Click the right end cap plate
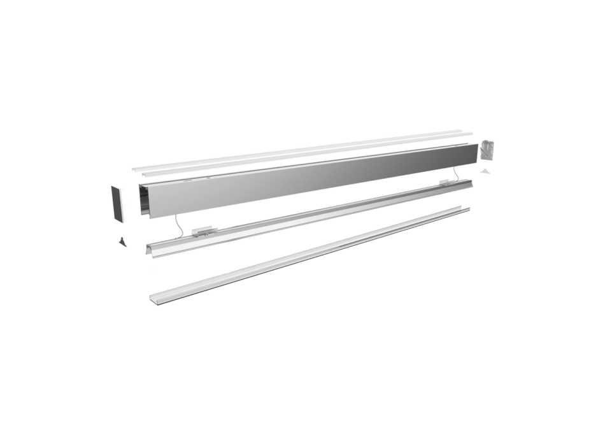[x=487, y=150]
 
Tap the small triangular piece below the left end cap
[x=122, y=242]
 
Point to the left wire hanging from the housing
[x=178, y=224]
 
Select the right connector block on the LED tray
[x=451, y=182]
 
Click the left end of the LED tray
[x=152, y=250]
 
